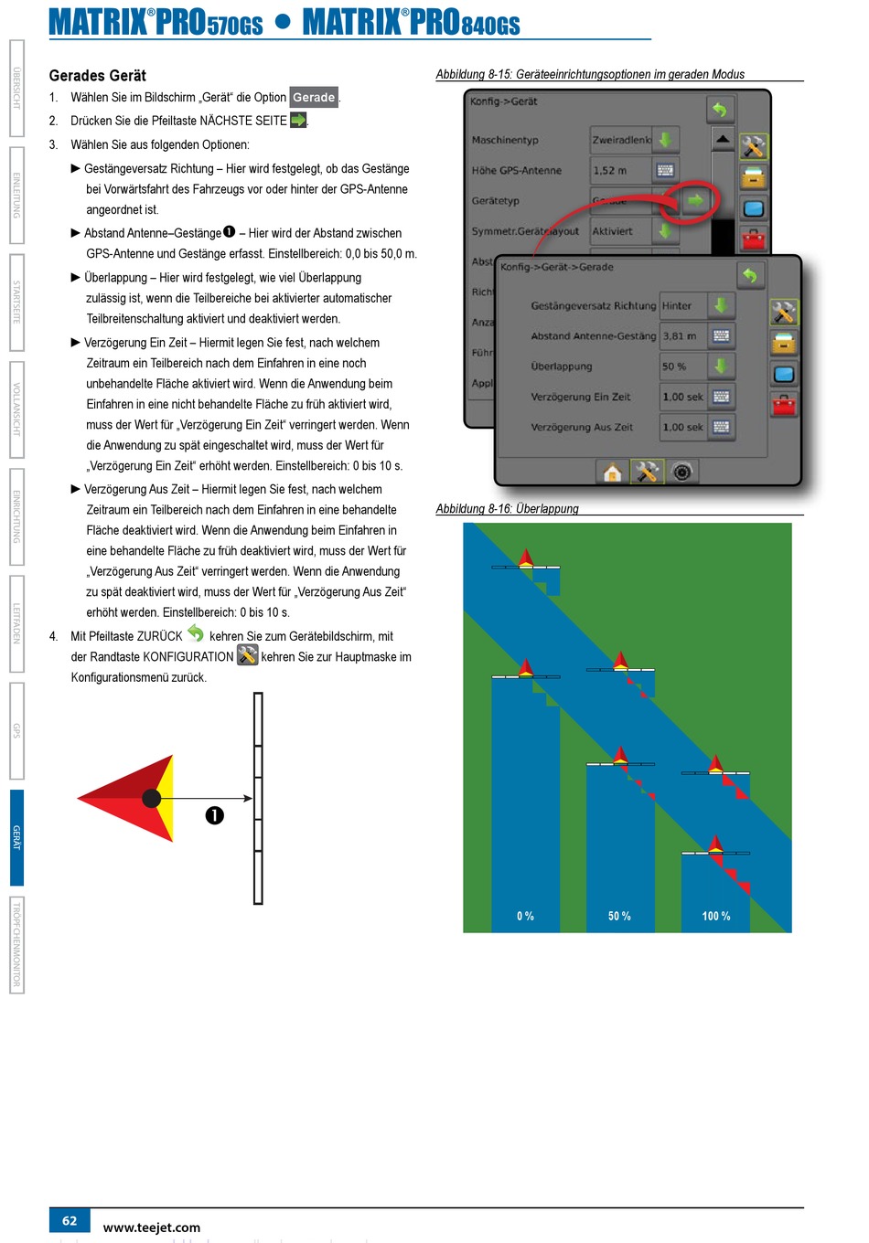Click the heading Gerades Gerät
point(97,76)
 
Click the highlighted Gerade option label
point(314,97)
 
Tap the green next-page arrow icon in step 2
point(298,120)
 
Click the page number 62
point(70,1220)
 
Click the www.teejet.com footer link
point(152,1227)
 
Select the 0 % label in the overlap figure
point(525,916)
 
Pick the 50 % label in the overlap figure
point(619,916)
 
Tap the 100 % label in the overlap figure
point(716,916)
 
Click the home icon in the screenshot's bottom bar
point(612,473)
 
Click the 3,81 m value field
point(680,336)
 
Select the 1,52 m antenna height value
point(610,170)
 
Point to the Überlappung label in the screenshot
point(562,367)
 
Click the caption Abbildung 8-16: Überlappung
point(507,508)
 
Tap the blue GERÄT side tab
point(16,837)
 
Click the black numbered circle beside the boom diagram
point(215,815)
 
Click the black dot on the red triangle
point(152,799)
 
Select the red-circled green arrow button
point(696,200)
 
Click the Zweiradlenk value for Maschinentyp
point(621,140)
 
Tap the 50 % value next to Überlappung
point(675,367)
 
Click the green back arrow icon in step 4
point(196,632)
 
